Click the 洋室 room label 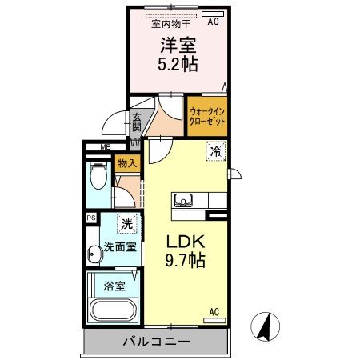[178, 45]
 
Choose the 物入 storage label [127, 164]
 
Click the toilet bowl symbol [98, 175]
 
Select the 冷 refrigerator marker [215, 149]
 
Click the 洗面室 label [118, 247]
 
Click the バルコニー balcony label [157, 342]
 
